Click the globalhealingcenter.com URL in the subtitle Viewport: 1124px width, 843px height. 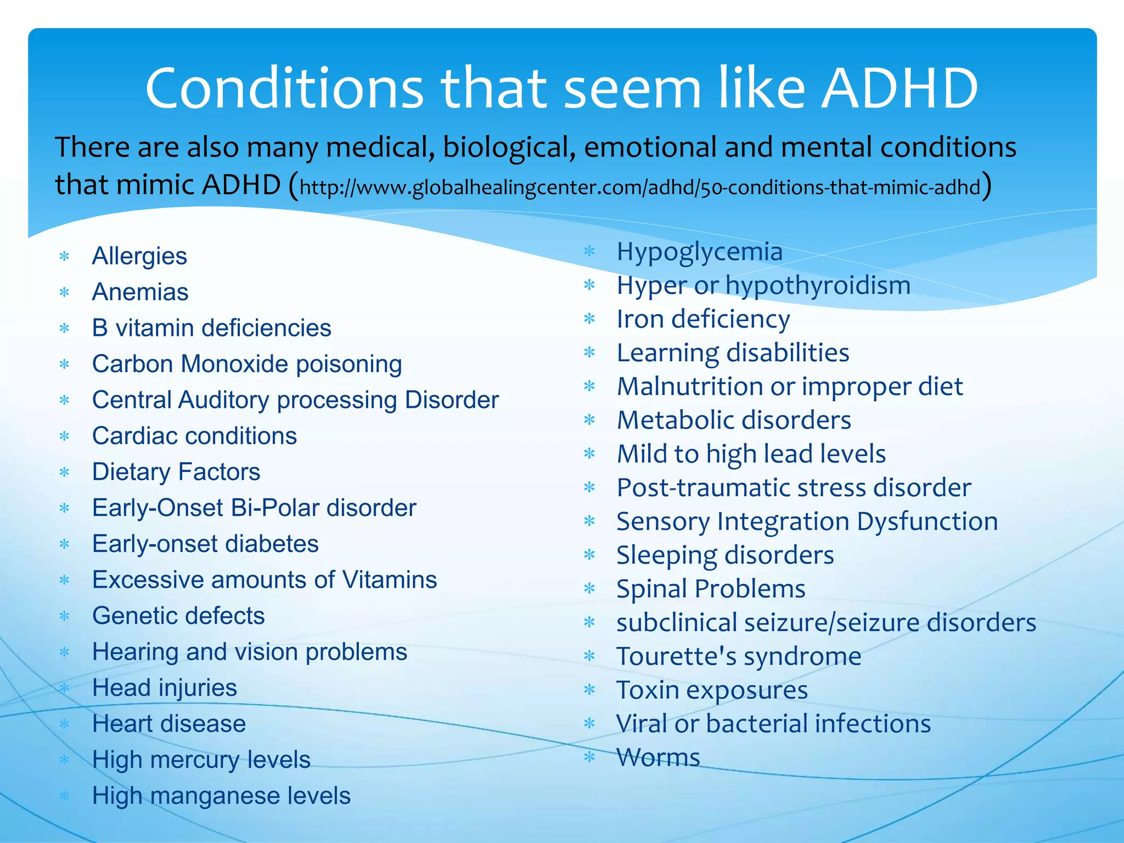[x=640, y=188]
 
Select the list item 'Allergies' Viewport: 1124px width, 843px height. [x=139, y=256]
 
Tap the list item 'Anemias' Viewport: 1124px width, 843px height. [x=140, y=292]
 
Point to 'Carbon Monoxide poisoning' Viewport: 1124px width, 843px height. [x=247, y=364]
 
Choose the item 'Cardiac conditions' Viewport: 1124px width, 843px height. [x=194, y=436]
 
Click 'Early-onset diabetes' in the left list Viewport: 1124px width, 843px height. [x=205, y=544]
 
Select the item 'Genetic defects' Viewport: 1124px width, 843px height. [x=178, y=616]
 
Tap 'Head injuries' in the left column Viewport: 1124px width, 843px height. [x=165, y=688]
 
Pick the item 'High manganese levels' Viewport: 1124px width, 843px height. [x=221, y=796]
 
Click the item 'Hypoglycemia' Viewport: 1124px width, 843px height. [x=699, y=252]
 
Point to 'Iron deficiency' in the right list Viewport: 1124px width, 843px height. [x=703, y=319]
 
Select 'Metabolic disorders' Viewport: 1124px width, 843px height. [x=734, y=420]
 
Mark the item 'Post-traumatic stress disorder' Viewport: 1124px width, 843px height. [x=794, y=487]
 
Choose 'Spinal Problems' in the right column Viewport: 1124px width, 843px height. [x=711, y=589]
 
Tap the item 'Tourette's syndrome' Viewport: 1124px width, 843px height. [x=739, y=656]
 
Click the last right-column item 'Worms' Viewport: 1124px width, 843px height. [x=658, y=757]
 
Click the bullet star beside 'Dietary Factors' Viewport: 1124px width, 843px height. [x=65, y=472]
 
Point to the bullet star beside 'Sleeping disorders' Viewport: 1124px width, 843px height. [x=590, y=555]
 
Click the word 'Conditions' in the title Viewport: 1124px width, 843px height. [x=284, y=88]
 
